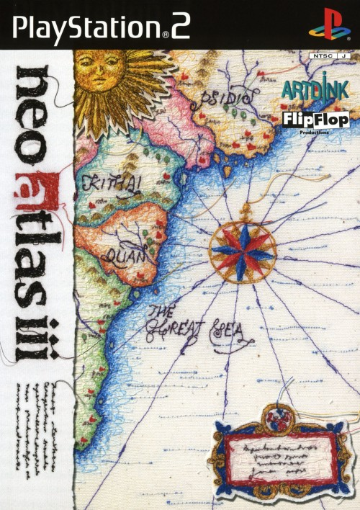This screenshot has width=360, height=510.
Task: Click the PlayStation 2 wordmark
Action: click(x=101, y=26)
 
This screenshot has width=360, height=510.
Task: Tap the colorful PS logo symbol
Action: click(x=325, y=25)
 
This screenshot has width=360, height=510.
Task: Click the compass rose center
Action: click(x=242, y=249)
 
